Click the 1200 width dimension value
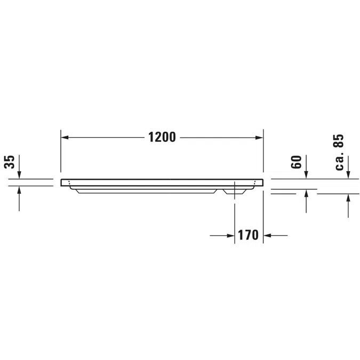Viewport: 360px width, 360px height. point(162,137)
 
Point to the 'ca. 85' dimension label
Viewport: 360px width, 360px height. point(340,153)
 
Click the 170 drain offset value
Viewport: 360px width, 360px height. point(249,235)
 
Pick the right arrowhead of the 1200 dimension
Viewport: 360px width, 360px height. point(260,137)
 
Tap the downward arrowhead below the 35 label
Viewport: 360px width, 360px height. point(19,175)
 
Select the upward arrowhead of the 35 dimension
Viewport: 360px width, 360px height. point(19,190)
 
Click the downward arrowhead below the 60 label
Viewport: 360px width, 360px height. point(307,175)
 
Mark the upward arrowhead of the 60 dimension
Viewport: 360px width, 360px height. point(307,194)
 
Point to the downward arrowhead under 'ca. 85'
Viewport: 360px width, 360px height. point(348,175)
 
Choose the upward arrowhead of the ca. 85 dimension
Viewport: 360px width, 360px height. point(348,198)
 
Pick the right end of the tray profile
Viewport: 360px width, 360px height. point(262,182)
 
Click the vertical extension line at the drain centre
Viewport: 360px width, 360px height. point(235,219)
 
